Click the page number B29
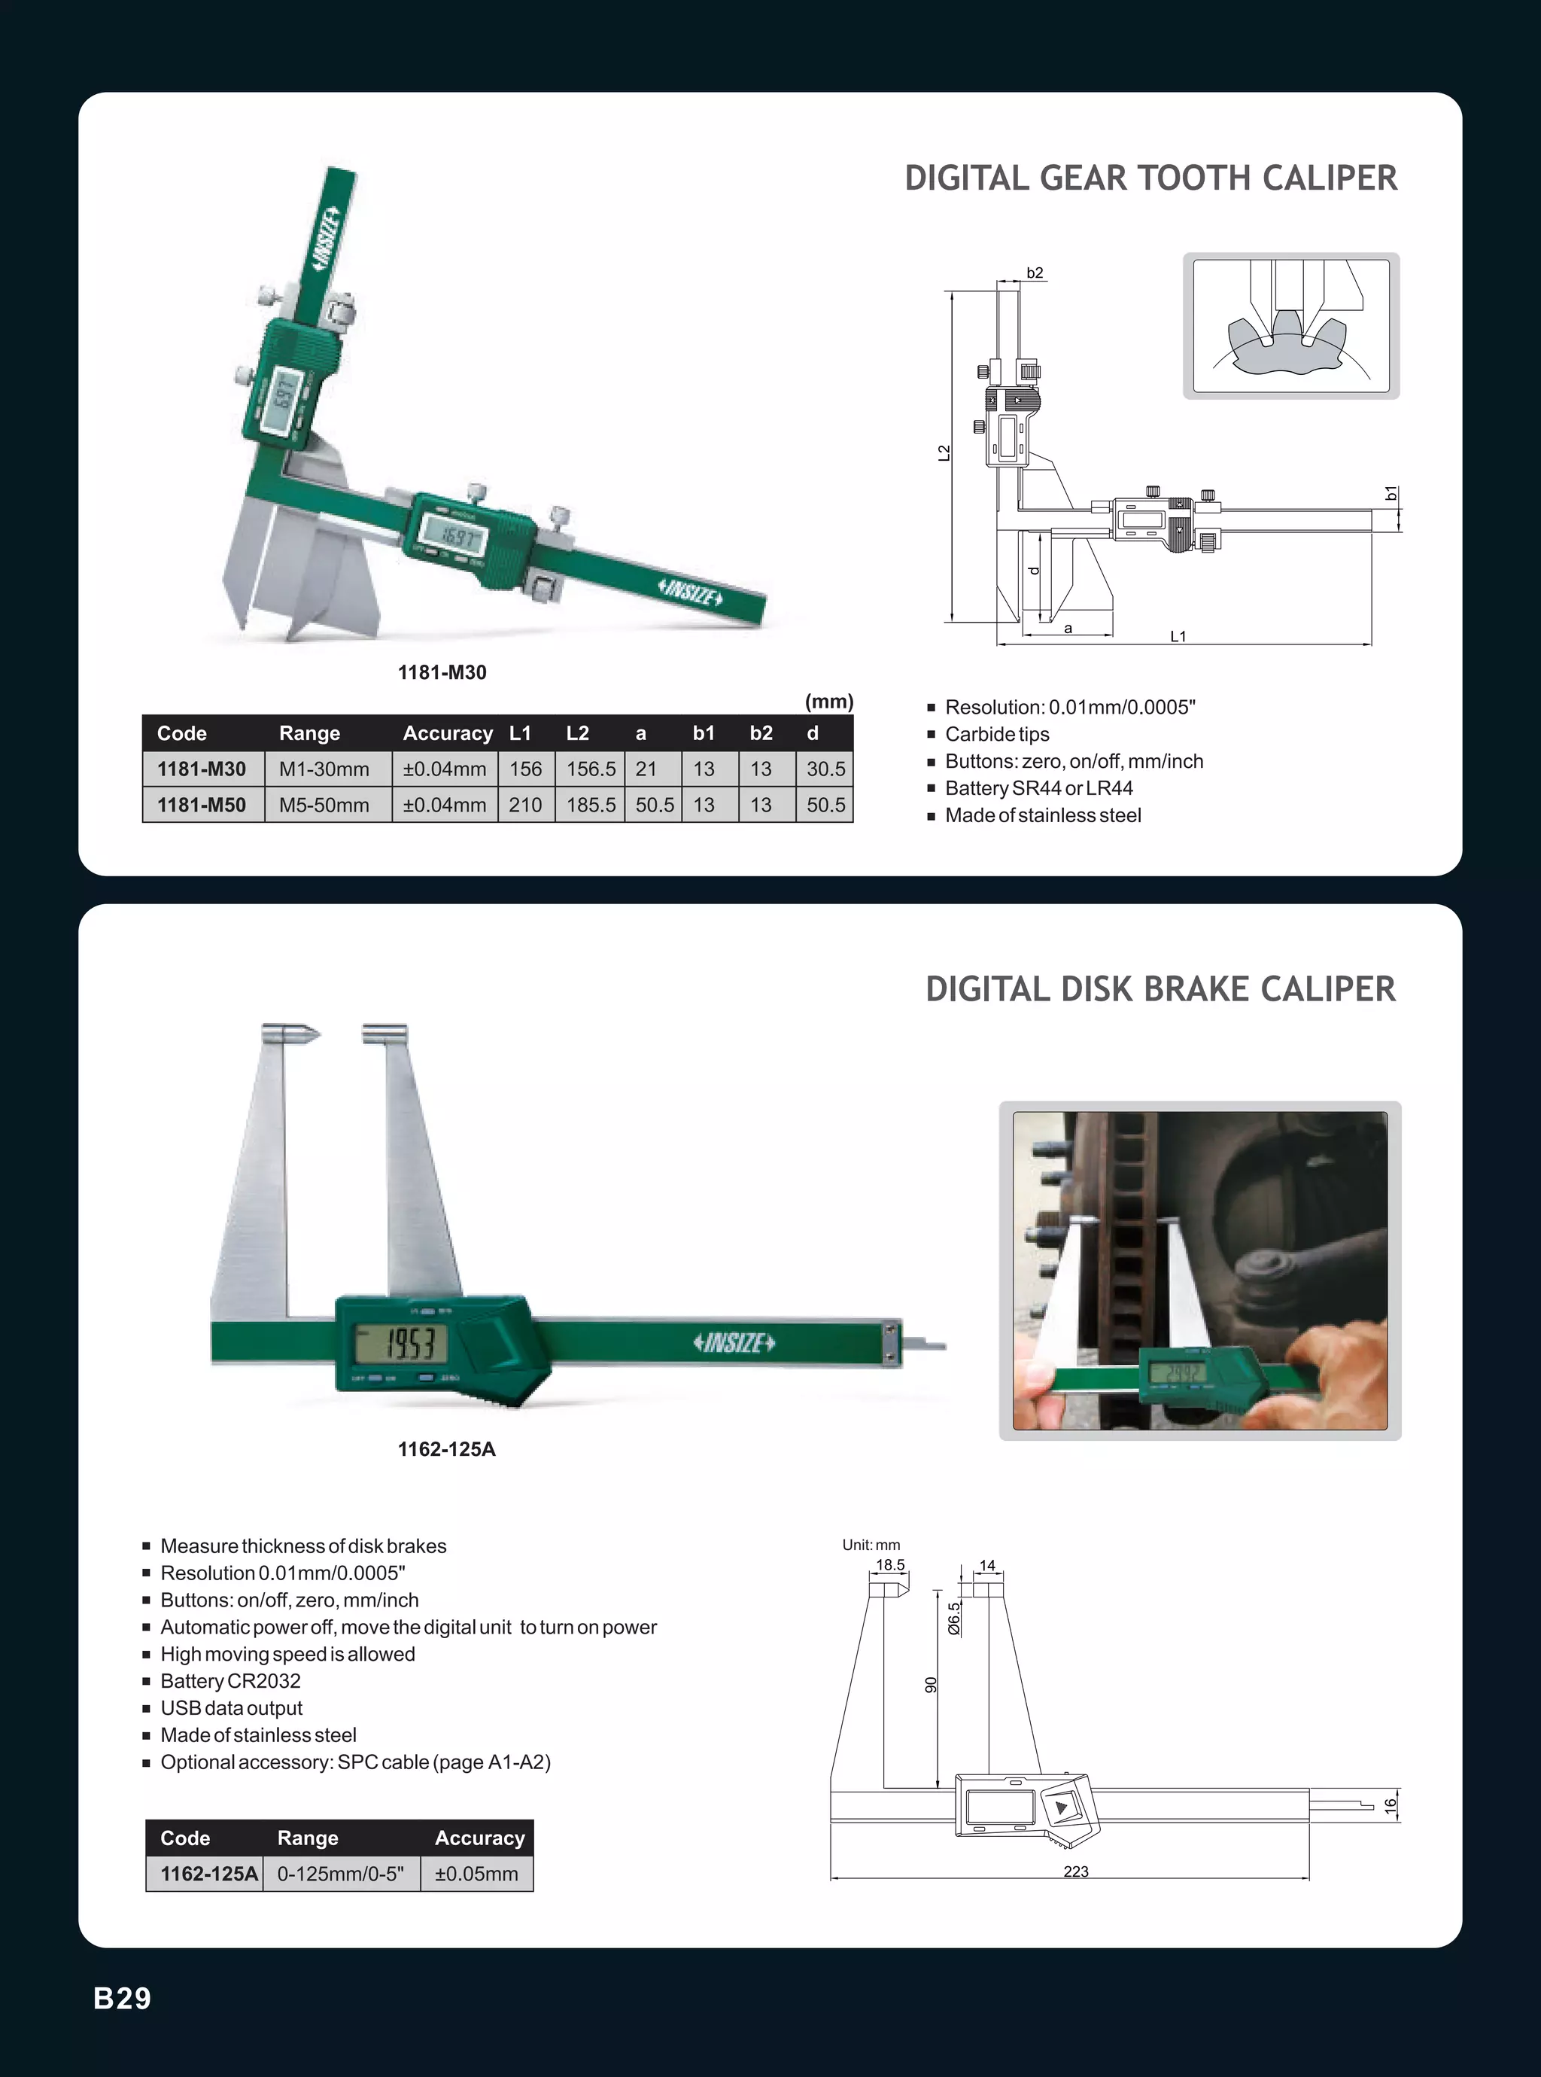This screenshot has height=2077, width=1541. click(122, 1998)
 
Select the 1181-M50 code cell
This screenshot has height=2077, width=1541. click(202, 804)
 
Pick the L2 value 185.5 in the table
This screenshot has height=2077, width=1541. click(591, 804)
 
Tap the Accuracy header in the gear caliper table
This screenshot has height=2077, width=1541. click(448, 733)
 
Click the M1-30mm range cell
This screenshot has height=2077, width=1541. click(324, 769)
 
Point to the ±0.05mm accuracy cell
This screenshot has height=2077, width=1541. click(476, 1874)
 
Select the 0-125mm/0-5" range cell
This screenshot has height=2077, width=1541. click(340, 1874)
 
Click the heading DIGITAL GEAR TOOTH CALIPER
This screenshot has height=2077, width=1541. click(1150, 178)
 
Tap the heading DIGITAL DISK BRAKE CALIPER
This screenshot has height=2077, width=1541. click(1160, 989)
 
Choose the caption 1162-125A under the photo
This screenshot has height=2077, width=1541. click(447, 1449)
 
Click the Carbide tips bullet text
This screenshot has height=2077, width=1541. click(997, 734)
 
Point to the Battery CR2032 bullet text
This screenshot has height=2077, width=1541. click(230, 1681)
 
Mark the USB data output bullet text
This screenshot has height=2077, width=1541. click(231, 1708)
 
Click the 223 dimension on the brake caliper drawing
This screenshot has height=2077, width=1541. click(1075, 1871)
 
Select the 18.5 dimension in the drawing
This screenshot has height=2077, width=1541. click(890, 1565)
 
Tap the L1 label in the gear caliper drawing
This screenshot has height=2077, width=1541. click(1178, 636)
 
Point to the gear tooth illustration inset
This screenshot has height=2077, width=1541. click(1291, 326)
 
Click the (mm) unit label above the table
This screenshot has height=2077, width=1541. click(828, 702)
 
